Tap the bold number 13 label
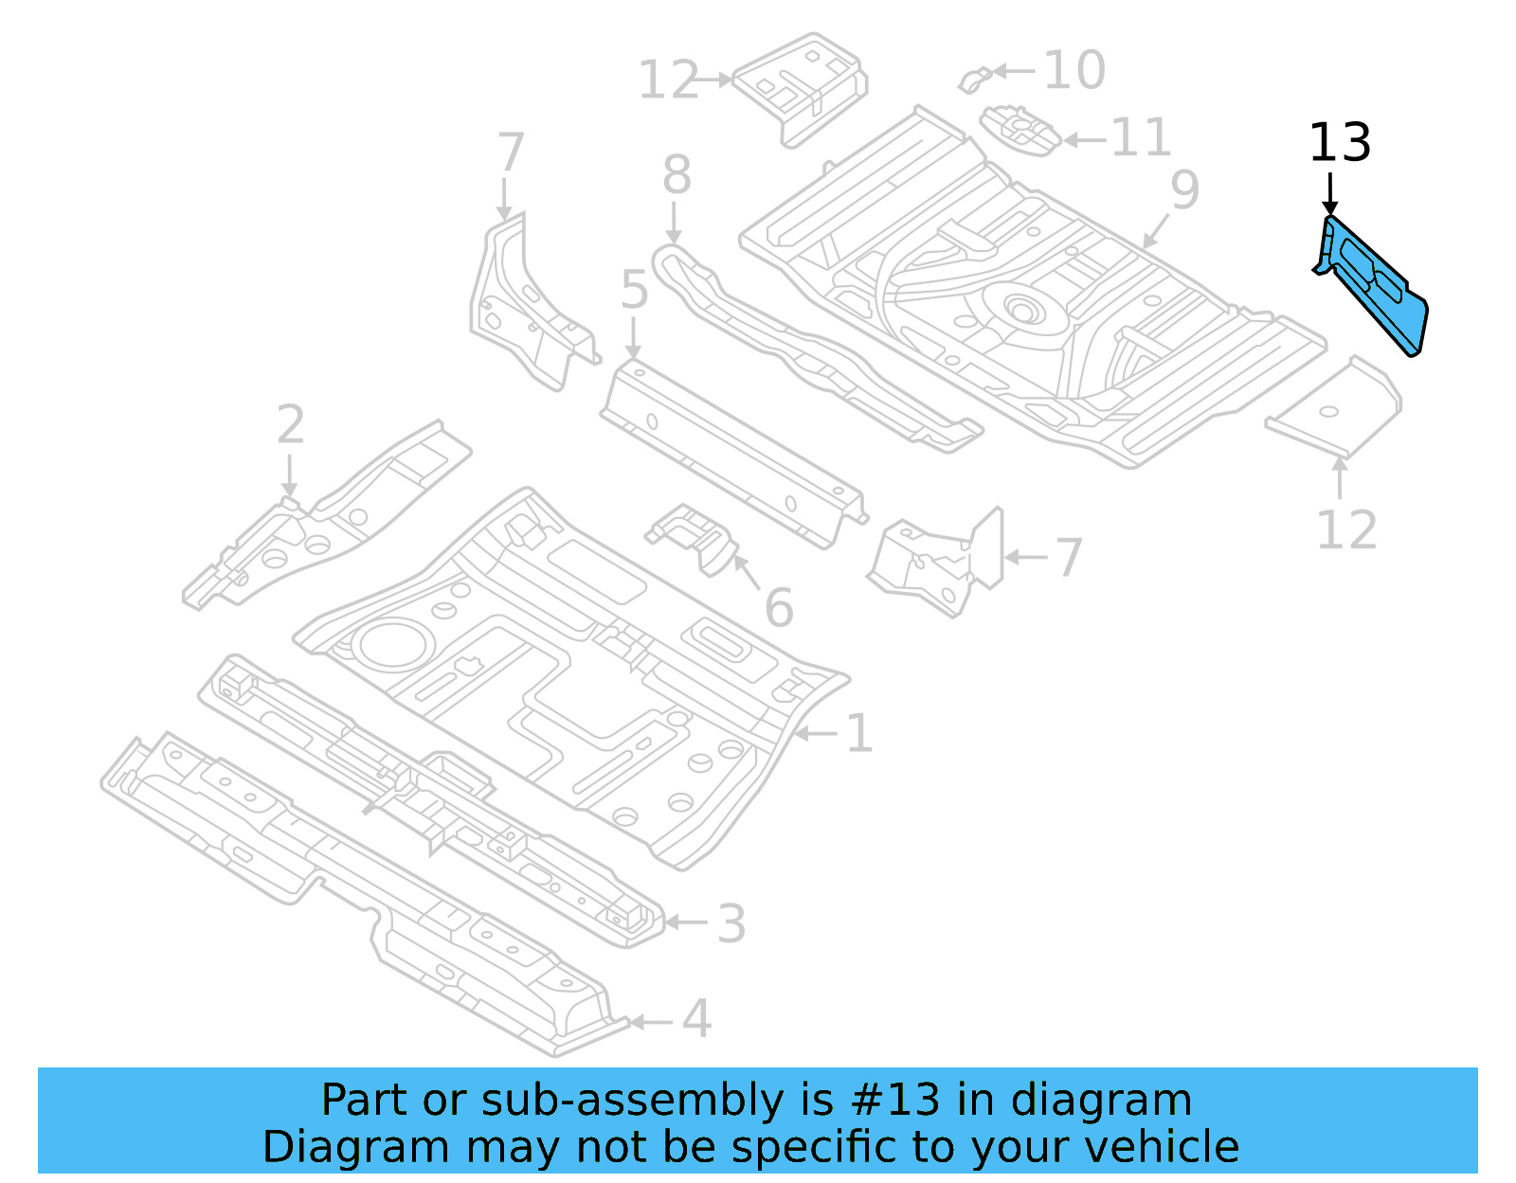click(1339, 144)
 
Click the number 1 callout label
click(858, 734)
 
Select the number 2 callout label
click(290, 425)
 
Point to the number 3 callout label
click(731, 923)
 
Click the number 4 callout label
click(696, 1020)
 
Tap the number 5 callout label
click(634, 290)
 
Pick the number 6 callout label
click(778, 608)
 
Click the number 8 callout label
click(676, 175)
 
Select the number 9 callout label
click(1184, 190)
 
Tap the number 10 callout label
click(1074, 70)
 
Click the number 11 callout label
click(1141, 138)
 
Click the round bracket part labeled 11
click(1020, 129)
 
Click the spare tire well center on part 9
click(1021, 309)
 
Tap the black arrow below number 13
click(1329, 194)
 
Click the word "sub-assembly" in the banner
click(633, 1101)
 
